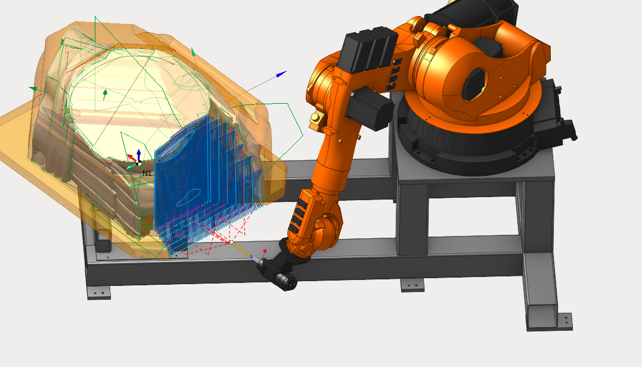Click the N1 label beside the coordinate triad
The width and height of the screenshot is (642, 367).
tap(147, 173)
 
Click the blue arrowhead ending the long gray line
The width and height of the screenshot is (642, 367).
tap(281, 74)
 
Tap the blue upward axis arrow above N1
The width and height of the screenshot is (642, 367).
tap(139, 155)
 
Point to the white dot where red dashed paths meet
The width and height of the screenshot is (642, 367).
tap(232, 242)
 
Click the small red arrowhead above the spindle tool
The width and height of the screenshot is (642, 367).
tap(265, 250)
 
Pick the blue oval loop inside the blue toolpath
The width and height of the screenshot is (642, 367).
tap(188, 197)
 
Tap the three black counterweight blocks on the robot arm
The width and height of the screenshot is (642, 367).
tap(367, 50)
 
